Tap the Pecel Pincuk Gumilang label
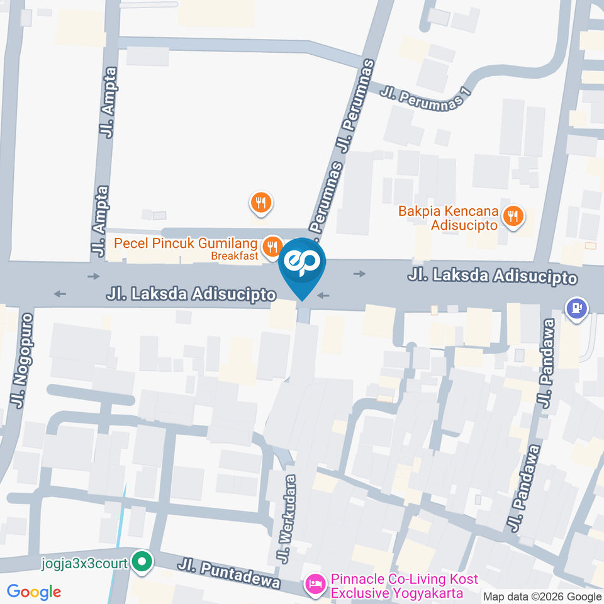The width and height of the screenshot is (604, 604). [186, 243]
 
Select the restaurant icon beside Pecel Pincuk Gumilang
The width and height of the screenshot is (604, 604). [272, 246]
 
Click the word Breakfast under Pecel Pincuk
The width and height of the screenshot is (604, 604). [234, 256]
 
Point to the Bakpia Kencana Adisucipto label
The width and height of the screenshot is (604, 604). [448, 218]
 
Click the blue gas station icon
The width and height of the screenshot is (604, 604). [577, 309]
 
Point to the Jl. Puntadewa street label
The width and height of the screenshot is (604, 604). [228, 573]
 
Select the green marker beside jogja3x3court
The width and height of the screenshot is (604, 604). [143, 562]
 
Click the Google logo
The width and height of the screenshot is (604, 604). [34, 591]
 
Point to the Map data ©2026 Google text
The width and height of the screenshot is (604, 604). [542, 596]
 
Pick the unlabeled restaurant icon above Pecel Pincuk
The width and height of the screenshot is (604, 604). [260, 203]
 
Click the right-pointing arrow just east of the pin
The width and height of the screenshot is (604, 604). [359, 274]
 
